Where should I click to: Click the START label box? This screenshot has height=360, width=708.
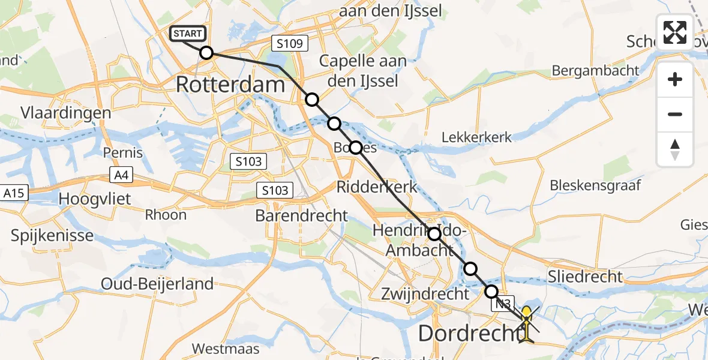pyautogui.click(x=188, y=34)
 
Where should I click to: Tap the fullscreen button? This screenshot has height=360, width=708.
pyautogui.click(x=675, y=32)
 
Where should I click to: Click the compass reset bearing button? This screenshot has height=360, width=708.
pyautogui.click(x=675, y=149)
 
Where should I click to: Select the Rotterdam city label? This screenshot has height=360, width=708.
pyautogui.click(x=230, y=84)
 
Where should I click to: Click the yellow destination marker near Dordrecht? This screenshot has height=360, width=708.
pyautogui.click(x=526, y=324)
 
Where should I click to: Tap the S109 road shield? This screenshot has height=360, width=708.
pyautogui.click(x=290, y=43)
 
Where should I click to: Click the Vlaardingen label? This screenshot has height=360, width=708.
pyautogui.click(x=65, y=113)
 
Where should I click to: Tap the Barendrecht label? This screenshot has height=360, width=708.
pyautogui.click(x=302, y=215)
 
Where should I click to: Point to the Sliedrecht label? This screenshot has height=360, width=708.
pyautogui.click(x=586, y=277)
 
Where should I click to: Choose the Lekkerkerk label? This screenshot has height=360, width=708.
pyautogui.click(x=476, y=137)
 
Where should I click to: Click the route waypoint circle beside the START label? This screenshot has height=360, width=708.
pyautogui.click(x=206, y=53)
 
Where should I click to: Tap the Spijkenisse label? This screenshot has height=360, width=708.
pyautogui.click(x=52, y=235)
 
